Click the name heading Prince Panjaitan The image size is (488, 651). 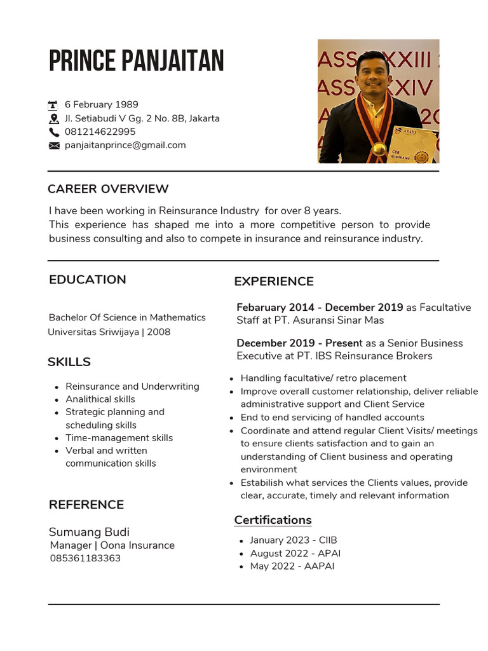[x=136, y=62]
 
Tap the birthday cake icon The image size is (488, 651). [x=53, y=105]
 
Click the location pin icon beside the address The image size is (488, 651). [x=53, y=119]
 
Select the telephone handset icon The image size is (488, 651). [x=53, y=132]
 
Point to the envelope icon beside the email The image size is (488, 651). [x=53, y=146]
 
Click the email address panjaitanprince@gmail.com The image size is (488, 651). [x=125, y=145]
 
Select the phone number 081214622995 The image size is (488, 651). [x=100, y=132]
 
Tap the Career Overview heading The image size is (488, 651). [x=108, y=189]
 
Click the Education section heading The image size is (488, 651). [x=87, y=280]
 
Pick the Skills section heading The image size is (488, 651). [x=69, y=362]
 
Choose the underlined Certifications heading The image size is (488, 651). [x=273, y=520]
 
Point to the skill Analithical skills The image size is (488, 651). [x=100, y=399]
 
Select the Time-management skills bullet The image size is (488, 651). [x=119, y=438]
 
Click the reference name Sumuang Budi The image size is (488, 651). [x=89, y=532]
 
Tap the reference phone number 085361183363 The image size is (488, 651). [x=85, y=558]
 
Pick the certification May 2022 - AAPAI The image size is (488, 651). [x=292, y=566]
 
